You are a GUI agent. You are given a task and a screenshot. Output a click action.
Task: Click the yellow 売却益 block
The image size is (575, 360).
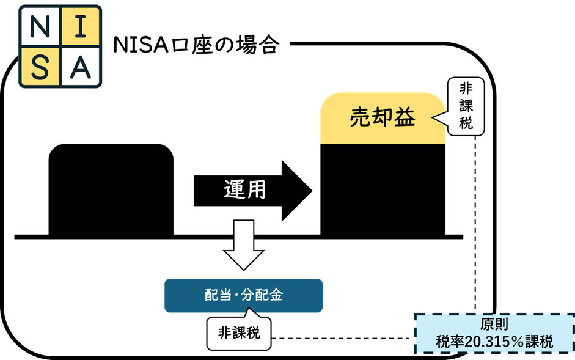point(383,117)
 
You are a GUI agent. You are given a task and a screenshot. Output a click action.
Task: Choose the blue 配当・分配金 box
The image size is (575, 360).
point(243,295)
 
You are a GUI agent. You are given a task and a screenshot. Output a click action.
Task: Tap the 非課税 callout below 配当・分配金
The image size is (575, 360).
point(238,333)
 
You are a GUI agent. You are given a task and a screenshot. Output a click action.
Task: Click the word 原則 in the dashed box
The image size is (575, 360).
point(494,325)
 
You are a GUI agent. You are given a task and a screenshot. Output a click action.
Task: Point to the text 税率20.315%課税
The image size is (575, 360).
point(494,342)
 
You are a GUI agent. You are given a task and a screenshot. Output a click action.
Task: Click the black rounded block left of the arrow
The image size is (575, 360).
point(111,189)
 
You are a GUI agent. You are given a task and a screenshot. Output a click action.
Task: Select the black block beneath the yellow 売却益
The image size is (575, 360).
point(383,189)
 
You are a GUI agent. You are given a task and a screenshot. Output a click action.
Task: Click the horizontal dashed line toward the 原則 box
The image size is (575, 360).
point(342,337)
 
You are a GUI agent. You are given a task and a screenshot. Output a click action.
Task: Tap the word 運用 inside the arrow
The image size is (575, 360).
point(243,191)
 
